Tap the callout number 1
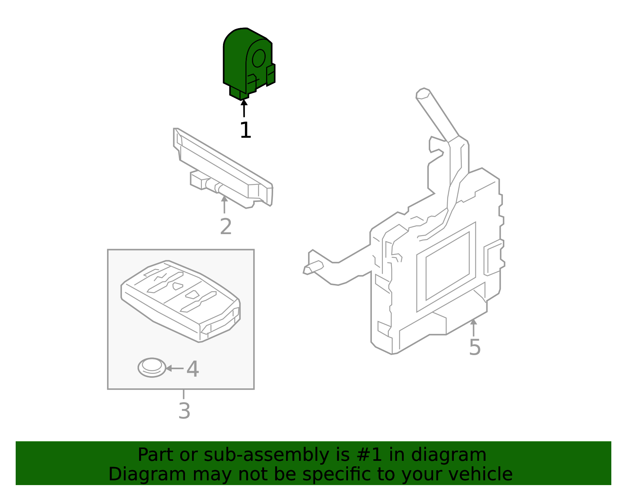245,130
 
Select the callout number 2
226,227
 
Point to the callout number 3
184,411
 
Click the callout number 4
192,369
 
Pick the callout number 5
475,348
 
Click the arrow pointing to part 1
244,108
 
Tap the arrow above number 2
224,204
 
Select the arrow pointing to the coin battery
174,368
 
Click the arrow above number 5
473,327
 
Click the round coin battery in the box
152,368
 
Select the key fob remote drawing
180,301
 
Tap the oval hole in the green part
259,58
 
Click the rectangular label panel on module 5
447,266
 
